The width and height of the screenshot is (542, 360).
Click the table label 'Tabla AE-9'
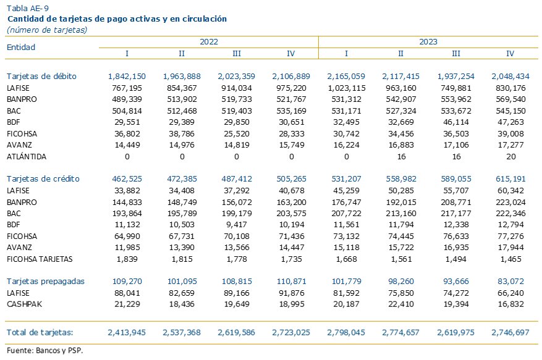[x=28, y=8]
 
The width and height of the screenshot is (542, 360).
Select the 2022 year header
[x=209, y=42]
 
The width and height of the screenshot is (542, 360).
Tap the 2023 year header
[x=428, y=42]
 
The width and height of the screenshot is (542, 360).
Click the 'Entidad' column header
[x=21, y=47]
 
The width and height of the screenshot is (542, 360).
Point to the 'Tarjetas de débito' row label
[x=41, y=76]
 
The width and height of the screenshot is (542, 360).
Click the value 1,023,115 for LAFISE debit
[x=346, y=88]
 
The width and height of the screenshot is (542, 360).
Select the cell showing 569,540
[x=510, y=99]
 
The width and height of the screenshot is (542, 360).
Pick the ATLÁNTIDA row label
[x=27, y=156]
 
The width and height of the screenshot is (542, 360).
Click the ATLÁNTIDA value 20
[x=511, y=156]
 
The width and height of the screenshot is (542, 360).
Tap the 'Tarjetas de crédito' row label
[x=43, y=178]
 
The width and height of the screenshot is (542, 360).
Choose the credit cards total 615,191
[x=510, y=178]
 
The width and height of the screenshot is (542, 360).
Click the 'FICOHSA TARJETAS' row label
[x=40, y=259]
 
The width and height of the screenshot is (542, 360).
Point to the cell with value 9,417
[x=237, y=225]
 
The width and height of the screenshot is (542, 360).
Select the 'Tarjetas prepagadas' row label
[x=45, y=281]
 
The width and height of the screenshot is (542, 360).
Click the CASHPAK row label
[x=24, y=304]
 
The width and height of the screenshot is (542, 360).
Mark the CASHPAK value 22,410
[x=401, y=304]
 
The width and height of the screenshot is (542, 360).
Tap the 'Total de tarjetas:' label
[x=40, y=332]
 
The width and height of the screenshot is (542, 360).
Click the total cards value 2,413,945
[x=127, y=332]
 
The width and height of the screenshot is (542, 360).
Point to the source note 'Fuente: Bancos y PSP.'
[x=44, y=350]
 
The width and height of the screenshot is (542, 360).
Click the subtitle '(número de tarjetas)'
[x=47, y=30]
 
